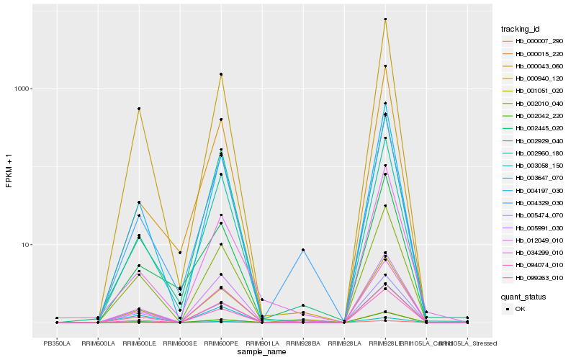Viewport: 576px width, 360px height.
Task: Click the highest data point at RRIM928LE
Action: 385,19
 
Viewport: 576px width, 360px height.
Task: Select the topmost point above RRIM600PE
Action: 221,74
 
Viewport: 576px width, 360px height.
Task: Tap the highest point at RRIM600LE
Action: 139,109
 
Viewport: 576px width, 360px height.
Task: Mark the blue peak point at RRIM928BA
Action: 303,250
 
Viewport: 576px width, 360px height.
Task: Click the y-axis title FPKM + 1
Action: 9,171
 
